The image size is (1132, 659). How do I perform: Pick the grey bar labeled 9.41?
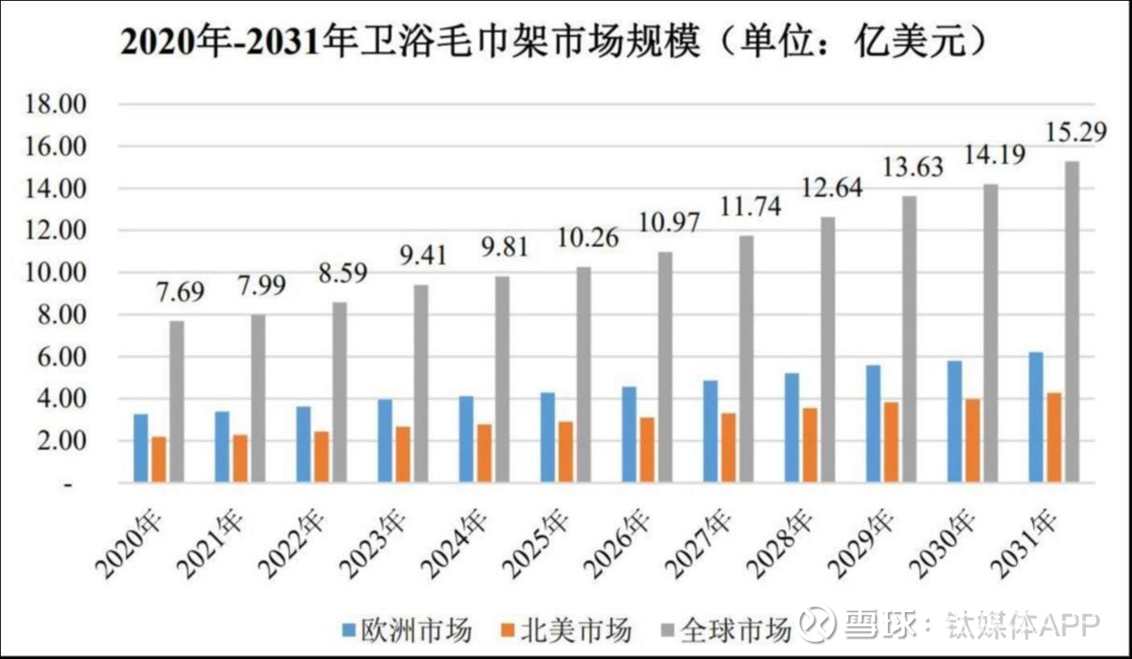coord(420,383)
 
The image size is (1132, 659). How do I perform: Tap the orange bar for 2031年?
coord(1054,437)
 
